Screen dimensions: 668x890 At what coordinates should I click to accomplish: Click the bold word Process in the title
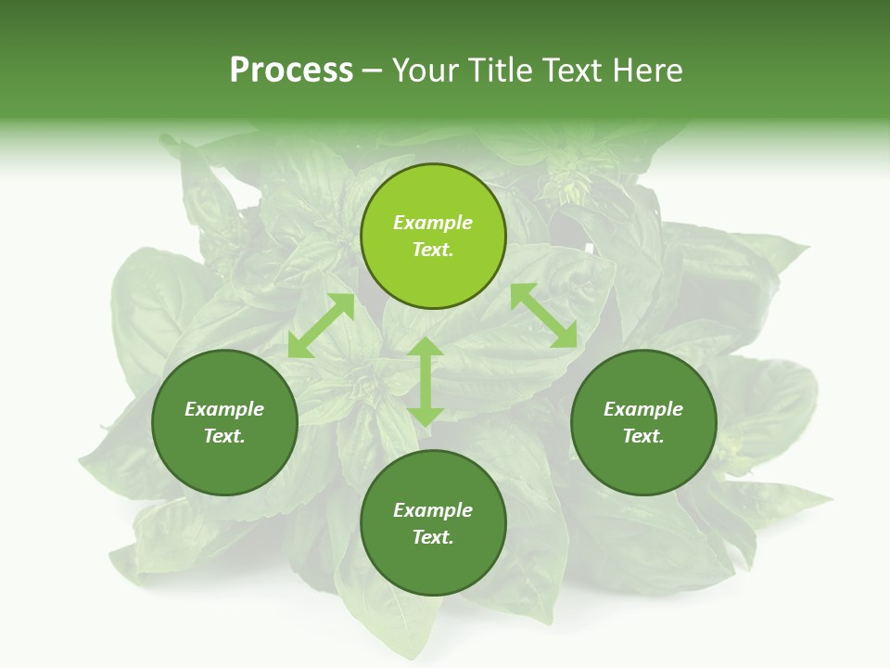pos(291,71)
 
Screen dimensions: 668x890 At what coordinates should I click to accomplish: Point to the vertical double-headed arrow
pos(426,381)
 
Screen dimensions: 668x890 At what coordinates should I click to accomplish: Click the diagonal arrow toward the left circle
pos(321,326)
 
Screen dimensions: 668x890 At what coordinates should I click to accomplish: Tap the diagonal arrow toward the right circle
pos(544,315)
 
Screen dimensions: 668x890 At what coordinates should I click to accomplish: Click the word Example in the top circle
pos(433,223)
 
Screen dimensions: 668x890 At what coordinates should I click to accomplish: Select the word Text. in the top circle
pos(433,250)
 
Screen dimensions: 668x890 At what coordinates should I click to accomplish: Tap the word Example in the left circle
pos(224,409)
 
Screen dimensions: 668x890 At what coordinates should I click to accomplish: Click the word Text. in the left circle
pos(224,436)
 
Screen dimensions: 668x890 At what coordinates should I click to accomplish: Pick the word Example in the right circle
pos(643,409)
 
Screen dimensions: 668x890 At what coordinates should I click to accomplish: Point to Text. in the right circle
pos(643,436)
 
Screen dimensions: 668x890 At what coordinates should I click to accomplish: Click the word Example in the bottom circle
pos(433,510)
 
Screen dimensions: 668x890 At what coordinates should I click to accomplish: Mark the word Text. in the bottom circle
pos(433,537)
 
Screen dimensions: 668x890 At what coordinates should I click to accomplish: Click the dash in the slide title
pos(373,71)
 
